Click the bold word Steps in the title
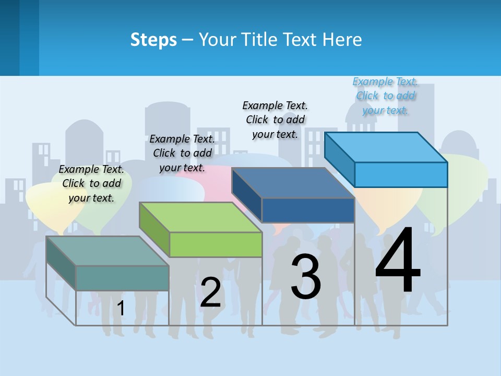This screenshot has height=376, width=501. coord(153,40)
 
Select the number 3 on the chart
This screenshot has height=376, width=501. coord(306,277)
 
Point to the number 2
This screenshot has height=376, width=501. coord(210,292)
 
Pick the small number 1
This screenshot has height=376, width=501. coord(121,309)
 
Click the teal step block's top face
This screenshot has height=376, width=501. coord(107,251)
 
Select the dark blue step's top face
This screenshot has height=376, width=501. coord(293,183)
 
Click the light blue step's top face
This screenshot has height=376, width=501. coord(386,147)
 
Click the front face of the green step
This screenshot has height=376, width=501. coord(216,244)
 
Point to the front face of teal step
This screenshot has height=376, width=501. coord(122,278)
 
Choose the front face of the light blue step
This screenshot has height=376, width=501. coord(401,174)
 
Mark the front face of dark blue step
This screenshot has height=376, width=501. coord(308,210)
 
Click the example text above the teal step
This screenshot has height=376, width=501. coord(91,183)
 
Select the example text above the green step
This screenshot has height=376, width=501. coord(182,153)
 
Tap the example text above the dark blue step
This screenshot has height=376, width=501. coord(275,120)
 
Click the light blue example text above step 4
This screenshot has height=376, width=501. coord(385,96)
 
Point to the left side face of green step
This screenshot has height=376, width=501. coord(154,230)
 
